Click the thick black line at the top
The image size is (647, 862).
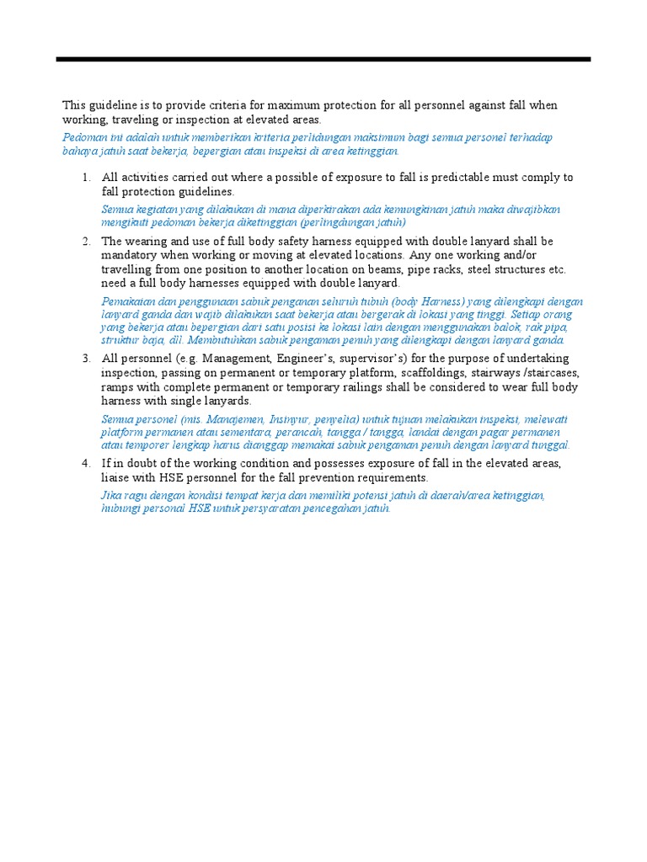tap(323, 60)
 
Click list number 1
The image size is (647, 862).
tap(86, 178)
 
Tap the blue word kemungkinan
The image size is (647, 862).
tap(405, 209)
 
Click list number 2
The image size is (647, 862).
tap(86, 242)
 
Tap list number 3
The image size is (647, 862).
tap(86, 359)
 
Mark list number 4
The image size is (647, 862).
tap(86, 464)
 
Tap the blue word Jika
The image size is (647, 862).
tap(110, 495)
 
